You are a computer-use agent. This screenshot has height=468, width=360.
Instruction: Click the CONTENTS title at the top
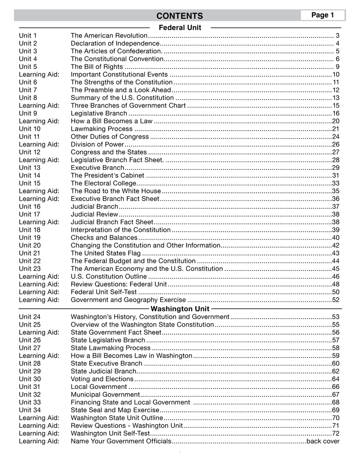coord(180,16)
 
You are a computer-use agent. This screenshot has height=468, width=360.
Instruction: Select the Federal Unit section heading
coord(180,28)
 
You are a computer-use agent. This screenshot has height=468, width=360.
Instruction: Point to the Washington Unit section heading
coord(180,309)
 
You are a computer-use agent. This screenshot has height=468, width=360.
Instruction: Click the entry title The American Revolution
coord(108,36)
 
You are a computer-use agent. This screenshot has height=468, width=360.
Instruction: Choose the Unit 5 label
coord(28,66)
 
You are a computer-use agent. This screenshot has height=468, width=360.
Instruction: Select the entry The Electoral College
coord(103,183)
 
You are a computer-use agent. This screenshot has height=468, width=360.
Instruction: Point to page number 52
coord(335,300)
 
